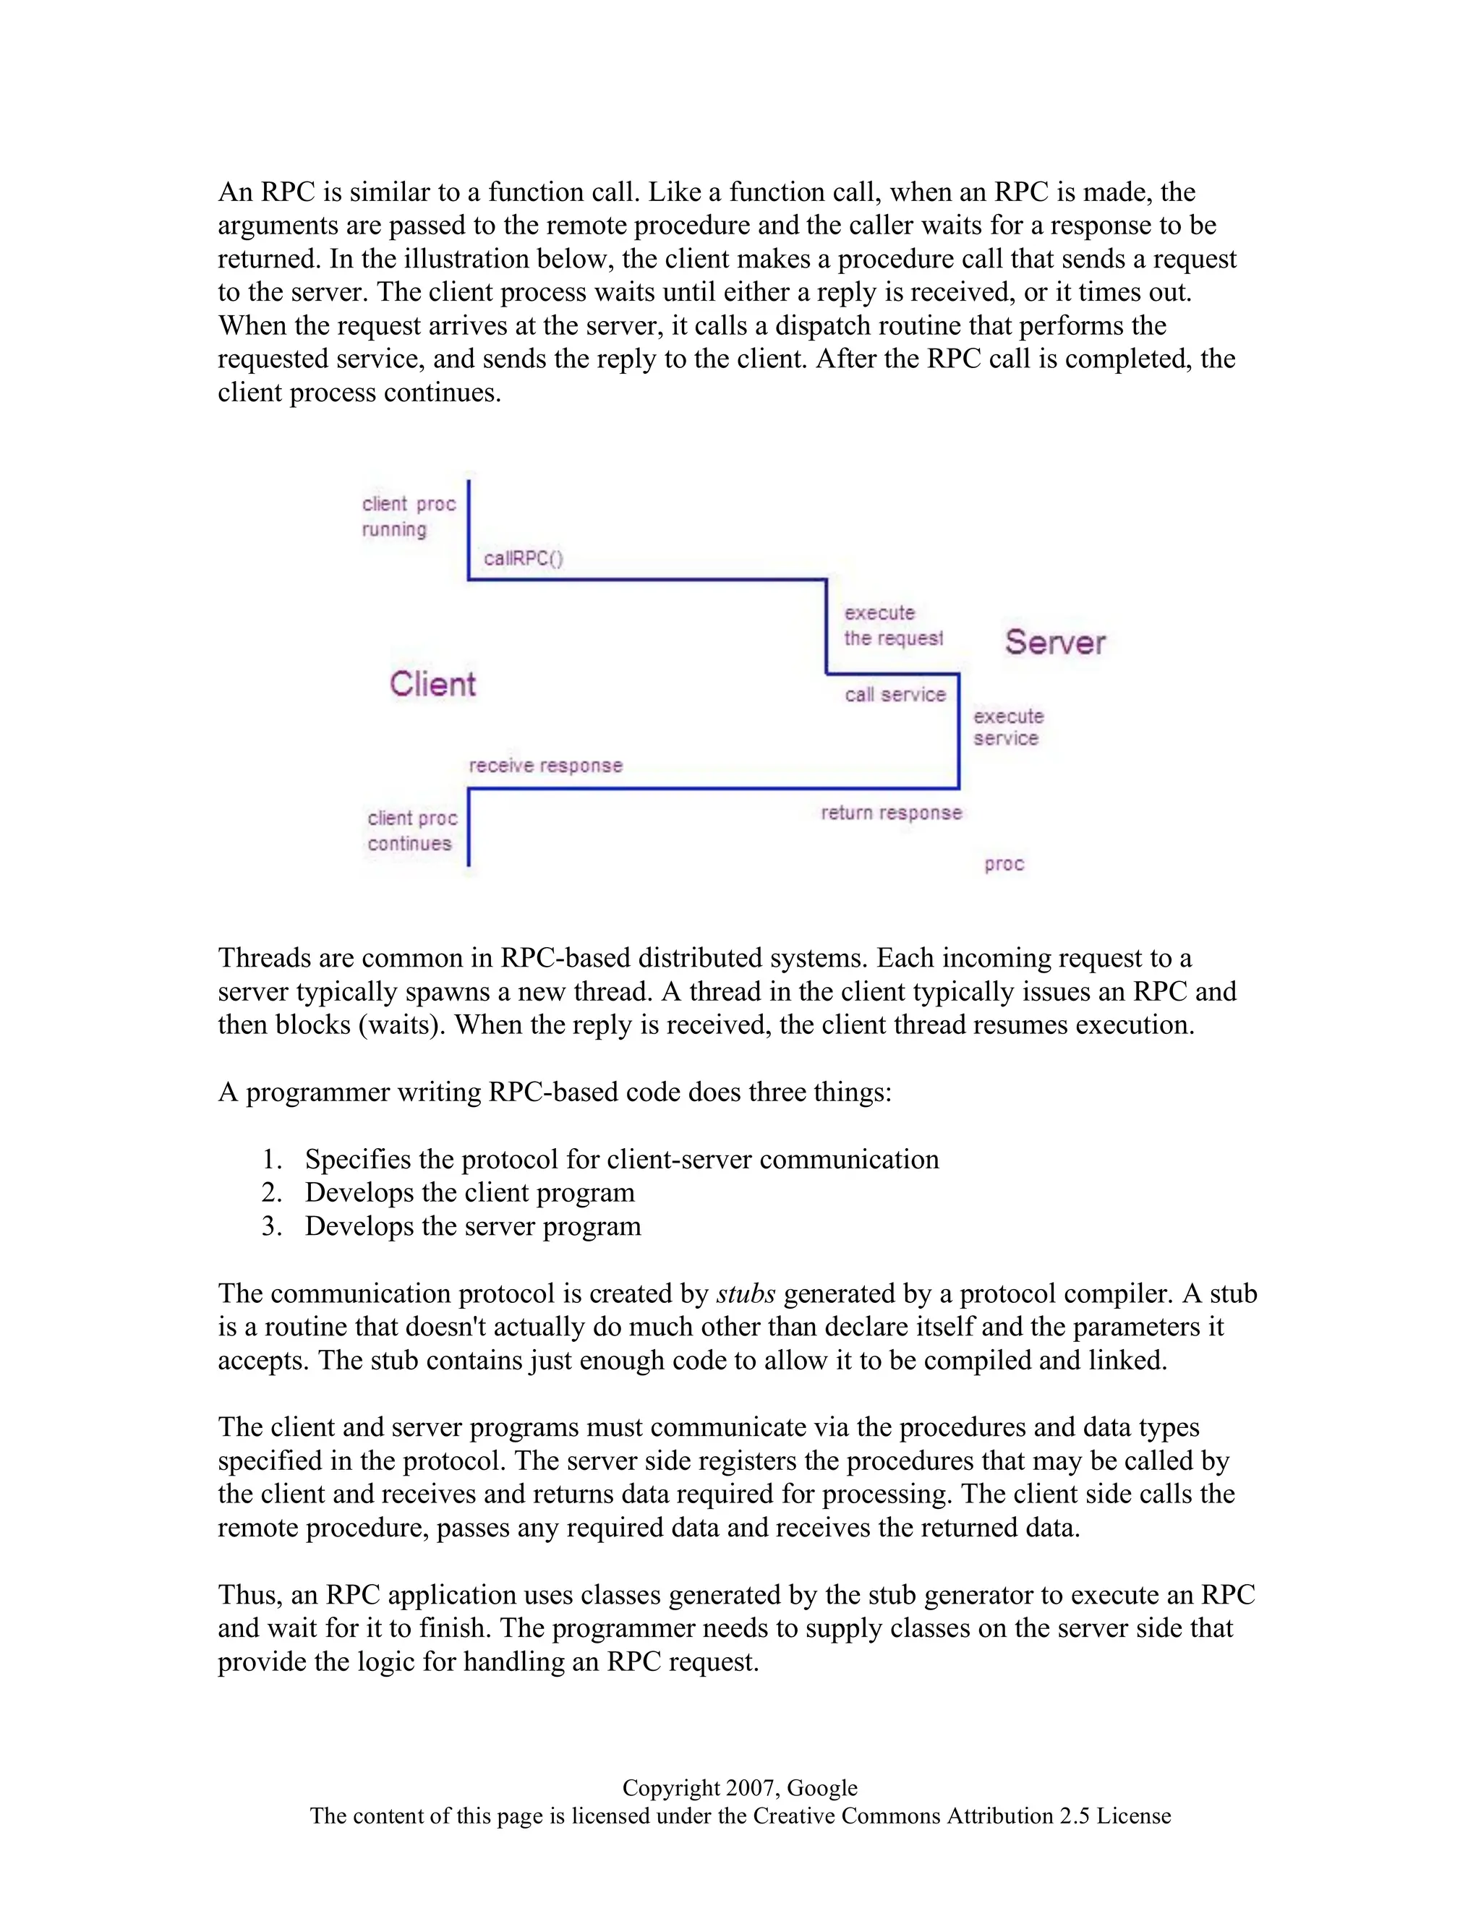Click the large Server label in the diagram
[1054, 642]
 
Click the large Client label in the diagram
[432, 684]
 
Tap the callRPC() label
[523, 559]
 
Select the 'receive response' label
[545, 765]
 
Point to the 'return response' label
[890, 813]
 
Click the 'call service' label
[895, 695]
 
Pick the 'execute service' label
[1007, 727]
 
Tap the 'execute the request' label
[892, 625]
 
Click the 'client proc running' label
[408, 517]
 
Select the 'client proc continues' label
[411, 831]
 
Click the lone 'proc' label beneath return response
[1004, 864]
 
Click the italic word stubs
[745, 1294]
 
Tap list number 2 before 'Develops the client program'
[271, 1193]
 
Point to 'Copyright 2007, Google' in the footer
[740, 1788]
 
